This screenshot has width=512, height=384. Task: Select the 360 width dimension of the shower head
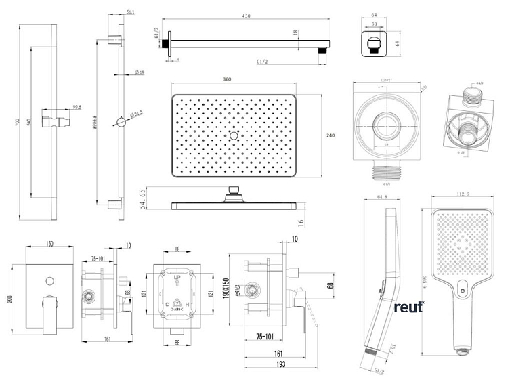(x=227, y=81)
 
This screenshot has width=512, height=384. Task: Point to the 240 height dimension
(x=330, y=136)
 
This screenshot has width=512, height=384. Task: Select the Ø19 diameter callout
(x=139, y=72)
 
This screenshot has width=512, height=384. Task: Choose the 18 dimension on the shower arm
(x=295, y=32)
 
